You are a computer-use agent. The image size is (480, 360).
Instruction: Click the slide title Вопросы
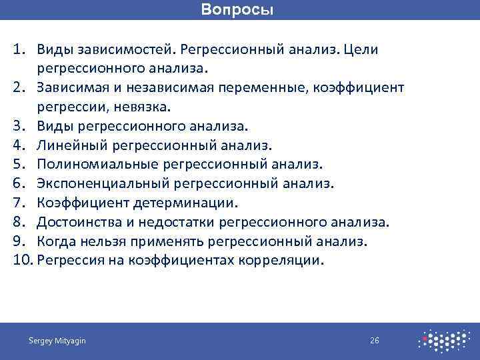click(237, 10)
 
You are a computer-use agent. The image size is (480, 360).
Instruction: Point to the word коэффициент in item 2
click(363, 88)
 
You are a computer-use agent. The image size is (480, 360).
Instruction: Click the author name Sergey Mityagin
click(57, 341)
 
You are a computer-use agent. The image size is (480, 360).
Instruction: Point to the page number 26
click(375, 341)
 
